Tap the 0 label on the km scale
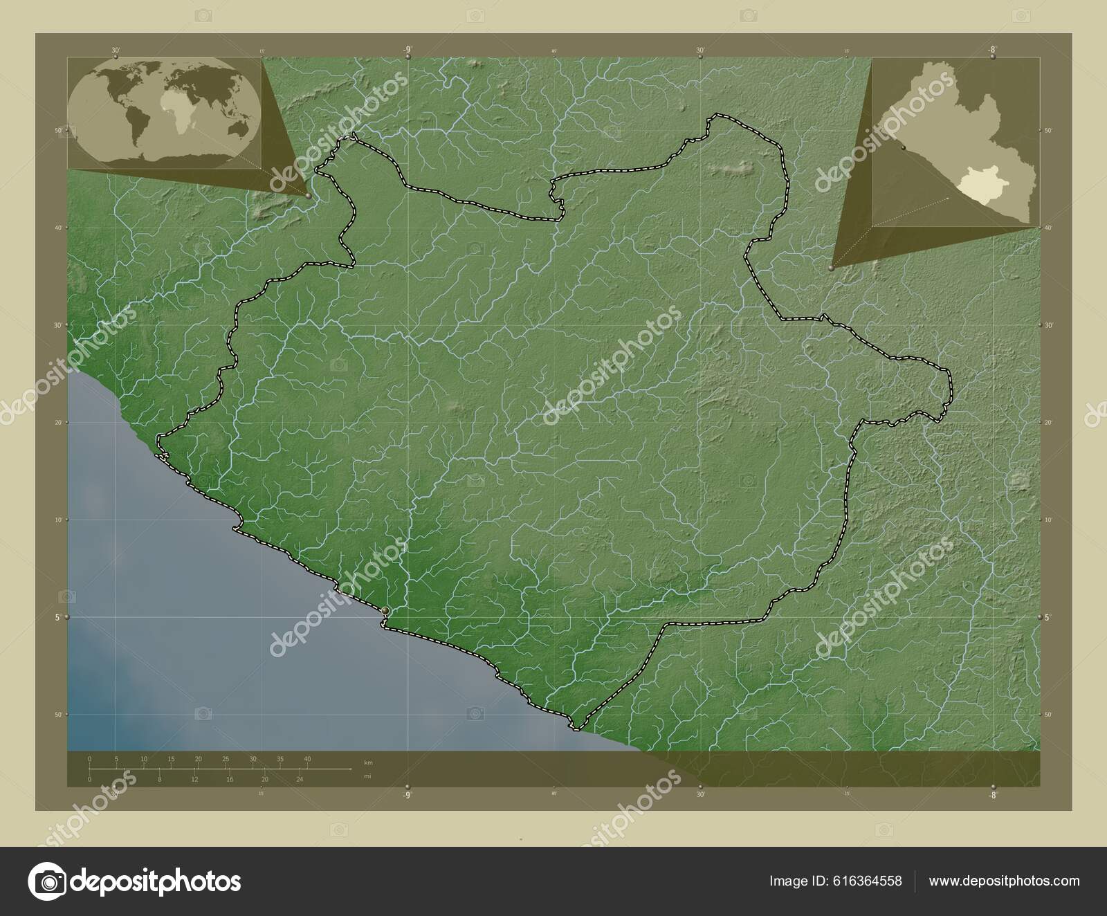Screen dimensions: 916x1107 [90, 759]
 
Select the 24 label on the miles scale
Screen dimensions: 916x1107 [300, 779]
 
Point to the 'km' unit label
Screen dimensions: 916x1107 [369, 762]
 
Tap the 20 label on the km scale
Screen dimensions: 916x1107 [199, 759]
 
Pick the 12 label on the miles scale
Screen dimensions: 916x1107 [194, 779]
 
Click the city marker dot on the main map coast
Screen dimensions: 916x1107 [384, 610]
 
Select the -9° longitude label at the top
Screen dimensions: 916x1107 [408, 49]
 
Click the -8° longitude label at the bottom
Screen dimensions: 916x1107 [992, 796]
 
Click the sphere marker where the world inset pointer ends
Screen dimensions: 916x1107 [308, 196]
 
